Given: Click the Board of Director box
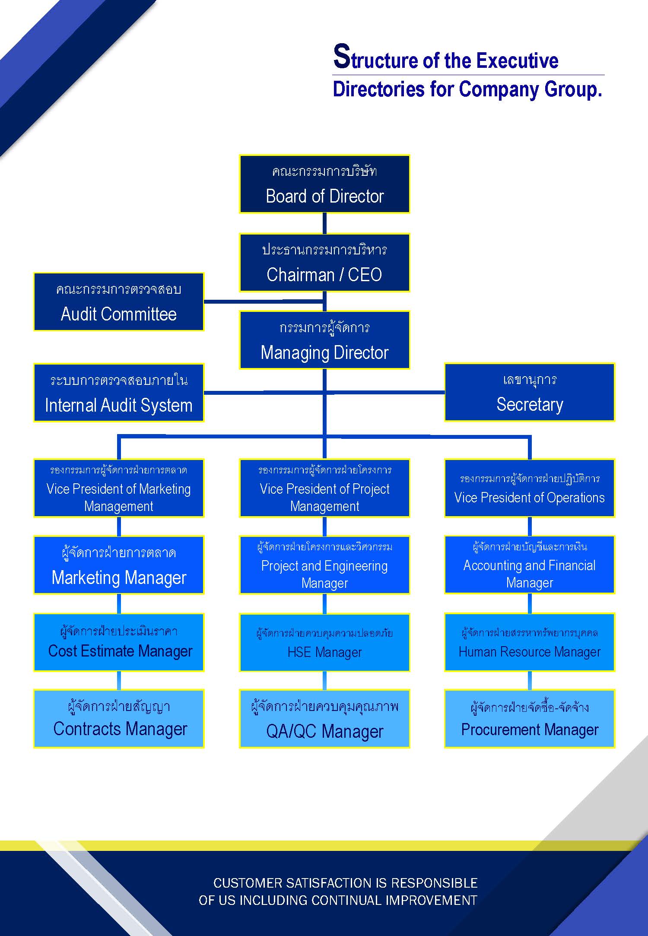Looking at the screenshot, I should tap(324, 184).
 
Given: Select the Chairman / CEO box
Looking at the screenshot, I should tap(324, 263).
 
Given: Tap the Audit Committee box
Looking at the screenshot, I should tap(119, 302).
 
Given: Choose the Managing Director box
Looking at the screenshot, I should tap(324, 340).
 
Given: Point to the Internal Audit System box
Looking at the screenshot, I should tap(119, 393).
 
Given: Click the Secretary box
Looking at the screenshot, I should tap(530, 392).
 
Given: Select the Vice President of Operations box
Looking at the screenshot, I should tap(530, 488).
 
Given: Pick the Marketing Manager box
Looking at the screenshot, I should tap(119, 565).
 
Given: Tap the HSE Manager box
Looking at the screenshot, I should tap(324, 642).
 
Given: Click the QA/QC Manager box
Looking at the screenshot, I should tap(324, 719).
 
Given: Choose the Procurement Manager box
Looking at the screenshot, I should tap(530, 719).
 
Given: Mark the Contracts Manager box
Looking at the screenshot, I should tap(119, 719).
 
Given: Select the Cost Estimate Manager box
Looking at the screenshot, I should tap(119, 642).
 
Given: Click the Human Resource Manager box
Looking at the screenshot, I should tap(530, 642).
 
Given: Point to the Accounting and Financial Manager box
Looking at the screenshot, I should tap(530, 565).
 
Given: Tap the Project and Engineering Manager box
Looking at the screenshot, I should tap(324, 565).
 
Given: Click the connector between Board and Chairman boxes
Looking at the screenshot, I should tap(324, 224).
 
